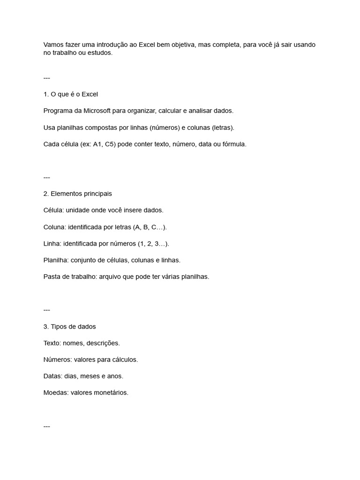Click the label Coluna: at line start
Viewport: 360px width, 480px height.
54,227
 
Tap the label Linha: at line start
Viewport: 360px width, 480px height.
52,244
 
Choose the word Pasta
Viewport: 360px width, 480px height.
52,277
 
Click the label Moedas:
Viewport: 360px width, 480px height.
56,393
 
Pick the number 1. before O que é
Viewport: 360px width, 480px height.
46,94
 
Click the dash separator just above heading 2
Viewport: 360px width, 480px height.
46,177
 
